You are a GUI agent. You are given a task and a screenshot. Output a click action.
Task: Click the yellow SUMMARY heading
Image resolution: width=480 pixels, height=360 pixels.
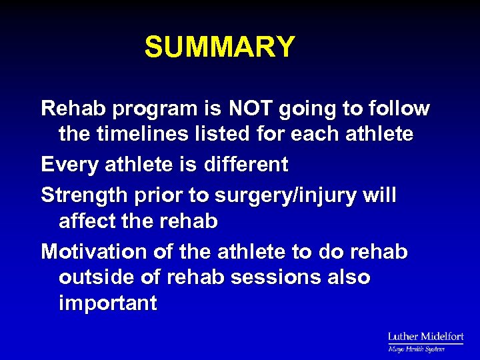pyautogui.click(x=219, y=47)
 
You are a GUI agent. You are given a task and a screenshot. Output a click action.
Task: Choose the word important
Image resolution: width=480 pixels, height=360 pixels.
pyautogui.click(x=108, y=304)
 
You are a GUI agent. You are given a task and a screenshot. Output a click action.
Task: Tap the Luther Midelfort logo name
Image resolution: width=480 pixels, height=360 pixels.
pyautogui.click(x=425, y=337)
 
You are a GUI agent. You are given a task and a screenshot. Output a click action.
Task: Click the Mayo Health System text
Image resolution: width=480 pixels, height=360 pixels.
pyautogui.click(x=416, y=349)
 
